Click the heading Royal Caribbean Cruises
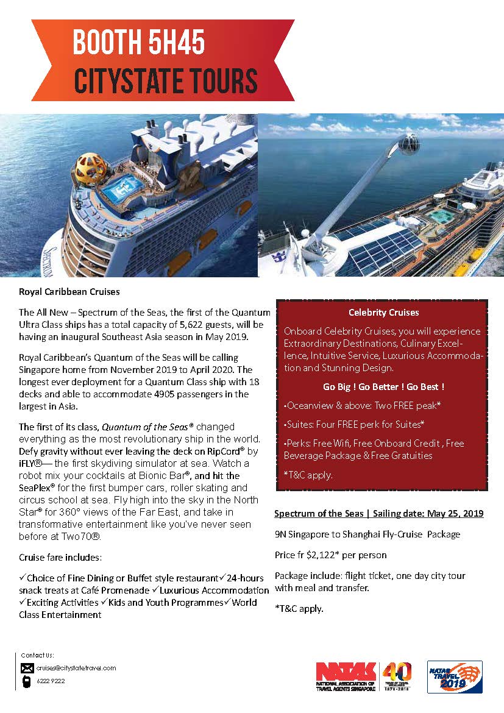[x=69, y=291]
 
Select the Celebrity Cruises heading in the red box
[x=383, y=313]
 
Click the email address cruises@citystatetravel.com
[x=76, y=668]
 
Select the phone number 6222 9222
[x=50, y=681]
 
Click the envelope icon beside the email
[x=27, y=668]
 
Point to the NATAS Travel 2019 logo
[x=454, y=676]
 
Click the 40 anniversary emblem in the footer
[x=397, y=675]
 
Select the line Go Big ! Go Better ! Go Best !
[x=383, y=387]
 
